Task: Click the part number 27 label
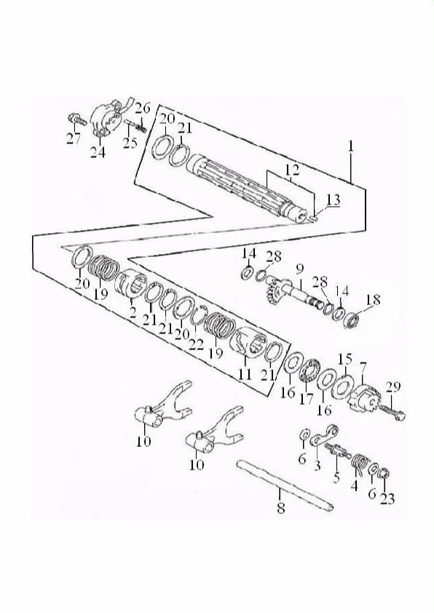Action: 73,138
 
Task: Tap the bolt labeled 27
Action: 77,119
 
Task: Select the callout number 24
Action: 98,151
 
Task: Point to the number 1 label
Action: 351,146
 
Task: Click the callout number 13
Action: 333,200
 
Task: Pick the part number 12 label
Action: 293,170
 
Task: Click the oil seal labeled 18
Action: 353,320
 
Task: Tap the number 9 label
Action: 299,269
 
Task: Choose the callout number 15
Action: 345,359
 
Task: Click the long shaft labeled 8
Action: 285,483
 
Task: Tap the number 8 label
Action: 281,508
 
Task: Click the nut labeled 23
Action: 384,473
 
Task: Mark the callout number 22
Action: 196,344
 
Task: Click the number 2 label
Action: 133,312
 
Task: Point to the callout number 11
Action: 245,373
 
